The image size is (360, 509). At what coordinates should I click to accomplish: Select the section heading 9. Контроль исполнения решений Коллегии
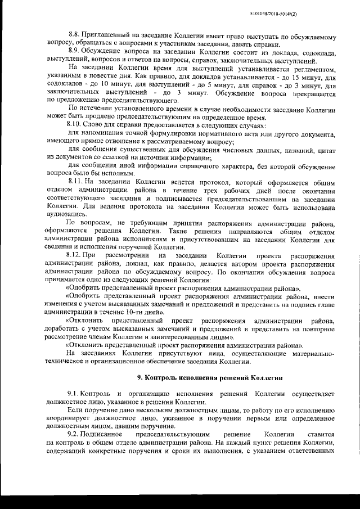click(210, 377)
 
